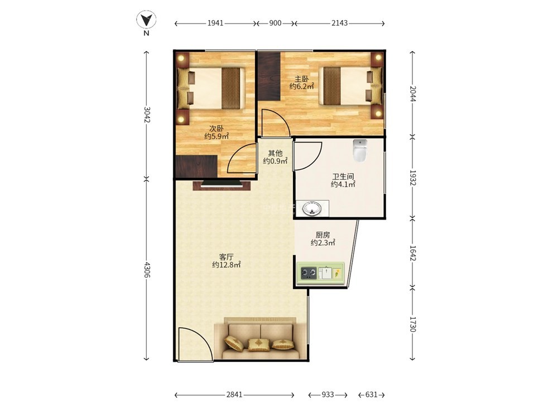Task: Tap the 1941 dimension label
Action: (x=215, y=23)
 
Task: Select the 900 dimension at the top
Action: (x=275, y=23)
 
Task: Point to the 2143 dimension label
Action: (x=339, y=23)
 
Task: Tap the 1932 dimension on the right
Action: (x=412, y=177)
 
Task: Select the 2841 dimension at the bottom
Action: (x=234, y=395)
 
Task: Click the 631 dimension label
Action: (x=371, y=395)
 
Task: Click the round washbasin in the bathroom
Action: (x=312, y=208)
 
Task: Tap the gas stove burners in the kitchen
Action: (x=309, y=273)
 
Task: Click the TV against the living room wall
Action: (x=222, y=185)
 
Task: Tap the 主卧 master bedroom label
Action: (x=301, y=79)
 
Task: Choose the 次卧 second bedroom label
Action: (x=217, y=128)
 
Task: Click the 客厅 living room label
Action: (x=227, y=256)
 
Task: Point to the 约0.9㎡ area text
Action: (x=276, y=161)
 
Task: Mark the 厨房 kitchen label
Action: (x=323, y=235)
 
